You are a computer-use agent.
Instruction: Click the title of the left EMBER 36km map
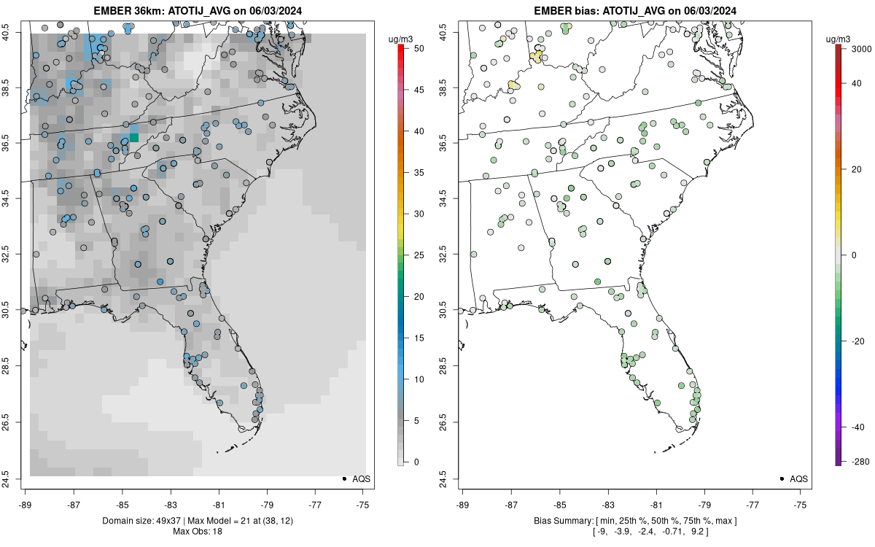point(196,11)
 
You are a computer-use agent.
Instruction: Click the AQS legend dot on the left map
point(343,478)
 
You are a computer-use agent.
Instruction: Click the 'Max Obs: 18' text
point(196,531)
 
